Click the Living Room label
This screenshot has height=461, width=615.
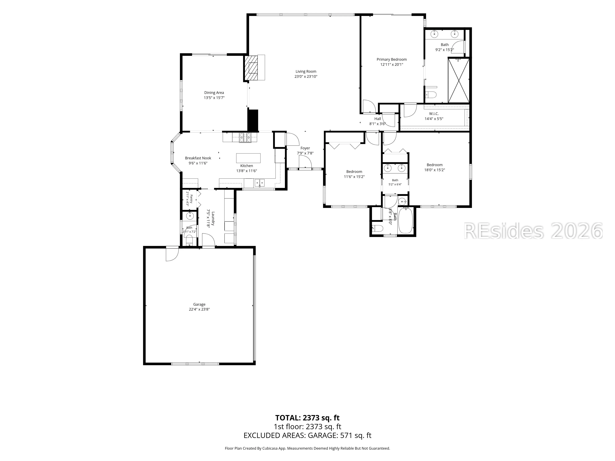point(306,71)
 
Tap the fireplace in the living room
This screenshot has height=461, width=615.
point(251,67)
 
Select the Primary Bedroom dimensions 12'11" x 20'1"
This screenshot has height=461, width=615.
point(392,65)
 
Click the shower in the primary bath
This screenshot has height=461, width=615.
point(458,81)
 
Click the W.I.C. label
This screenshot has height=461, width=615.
point(434,114)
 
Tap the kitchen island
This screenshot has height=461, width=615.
point(248,158)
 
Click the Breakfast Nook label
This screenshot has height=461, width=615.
point(198,158)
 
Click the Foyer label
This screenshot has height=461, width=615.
point(305,148)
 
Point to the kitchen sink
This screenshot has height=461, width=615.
point(260,183)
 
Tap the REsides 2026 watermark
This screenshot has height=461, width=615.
point(533,231)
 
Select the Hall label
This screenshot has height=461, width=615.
point(378,119)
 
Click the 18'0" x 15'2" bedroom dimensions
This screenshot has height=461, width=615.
point(434,170)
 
